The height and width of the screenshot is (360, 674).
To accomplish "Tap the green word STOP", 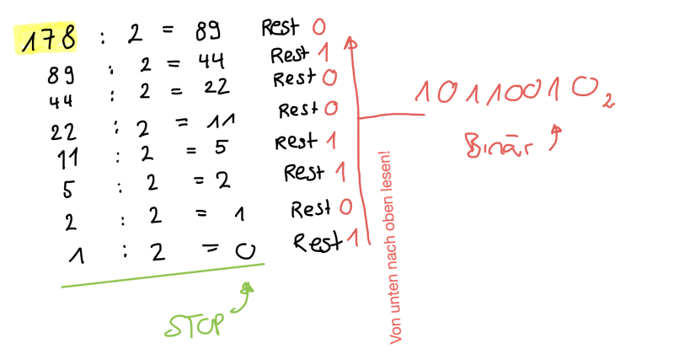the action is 195,325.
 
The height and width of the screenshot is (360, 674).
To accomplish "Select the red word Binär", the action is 499,145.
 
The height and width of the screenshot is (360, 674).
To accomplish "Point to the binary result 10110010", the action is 507,92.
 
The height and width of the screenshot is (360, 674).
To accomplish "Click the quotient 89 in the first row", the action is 208,31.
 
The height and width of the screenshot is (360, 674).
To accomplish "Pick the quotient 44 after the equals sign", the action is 211,62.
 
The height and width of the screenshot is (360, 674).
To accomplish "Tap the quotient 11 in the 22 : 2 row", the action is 221,121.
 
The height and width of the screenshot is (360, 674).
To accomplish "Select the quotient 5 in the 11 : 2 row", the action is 221,147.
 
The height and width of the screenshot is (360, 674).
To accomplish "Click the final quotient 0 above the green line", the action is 245,250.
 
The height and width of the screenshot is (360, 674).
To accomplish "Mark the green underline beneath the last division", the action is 163,275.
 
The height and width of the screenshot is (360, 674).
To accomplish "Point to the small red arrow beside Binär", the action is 555,137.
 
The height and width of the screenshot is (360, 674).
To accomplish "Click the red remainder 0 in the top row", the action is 319,28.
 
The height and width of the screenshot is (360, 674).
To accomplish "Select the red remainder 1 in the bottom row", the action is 353,238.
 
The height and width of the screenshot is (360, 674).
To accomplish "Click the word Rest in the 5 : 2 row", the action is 303,173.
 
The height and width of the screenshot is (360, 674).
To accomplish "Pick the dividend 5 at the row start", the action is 68,189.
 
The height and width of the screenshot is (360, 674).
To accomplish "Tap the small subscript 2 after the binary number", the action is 607,101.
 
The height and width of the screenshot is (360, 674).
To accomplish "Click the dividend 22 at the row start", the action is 63,132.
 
